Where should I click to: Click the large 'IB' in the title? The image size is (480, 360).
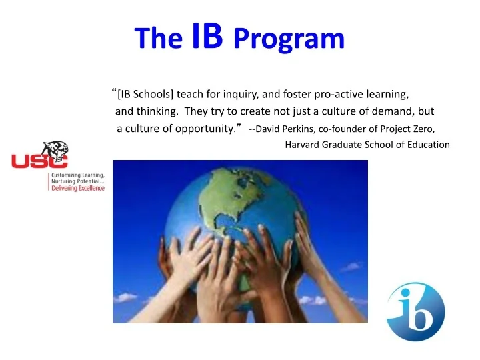pyautogui.click(x=207, y=37)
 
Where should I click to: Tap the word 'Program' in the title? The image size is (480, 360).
pyautogui.click(x=289, y=39)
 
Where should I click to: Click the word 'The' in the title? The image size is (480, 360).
pyautogui.click(x=157, y=39)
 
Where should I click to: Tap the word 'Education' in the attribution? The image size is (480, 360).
pyautogui.click(x=428, y=145)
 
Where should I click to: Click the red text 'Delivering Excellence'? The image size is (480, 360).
pyautogui.click(x=79, y=188)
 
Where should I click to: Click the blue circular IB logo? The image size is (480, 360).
pyautogui.click(x=415, y=312)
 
